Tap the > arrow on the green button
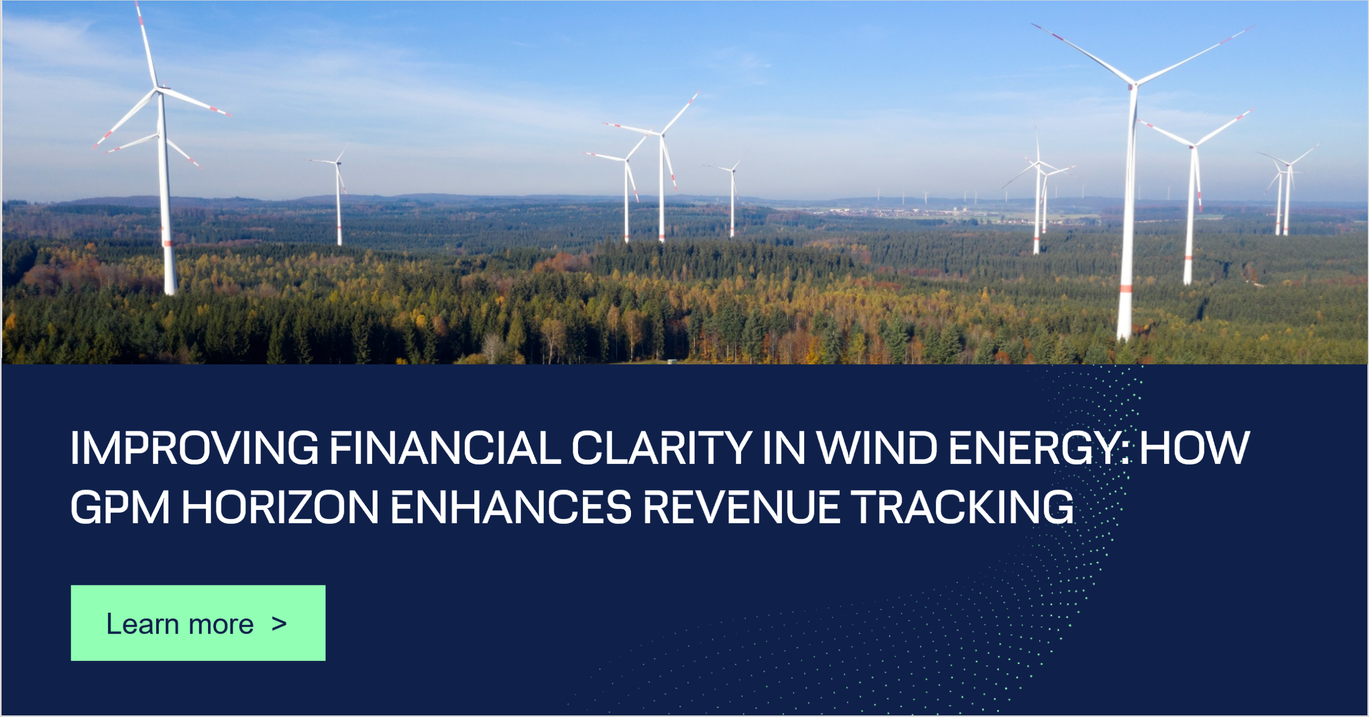point(279,623)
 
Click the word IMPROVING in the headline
point(194,448)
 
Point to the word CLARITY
point(662,448)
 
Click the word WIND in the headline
point(877,448)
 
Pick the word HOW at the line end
point(1194,448)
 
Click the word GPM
point(120,507)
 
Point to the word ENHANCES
point(511,507)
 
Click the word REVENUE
point(741,507)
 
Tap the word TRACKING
point(962,507)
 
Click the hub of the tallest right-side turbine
point(1133,85)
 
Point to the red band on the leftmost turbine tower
point(167,244)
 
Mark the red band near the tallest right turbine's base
point(1126,289)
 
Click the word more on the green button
point(221,624)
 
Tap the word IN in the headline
point(783,448)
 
